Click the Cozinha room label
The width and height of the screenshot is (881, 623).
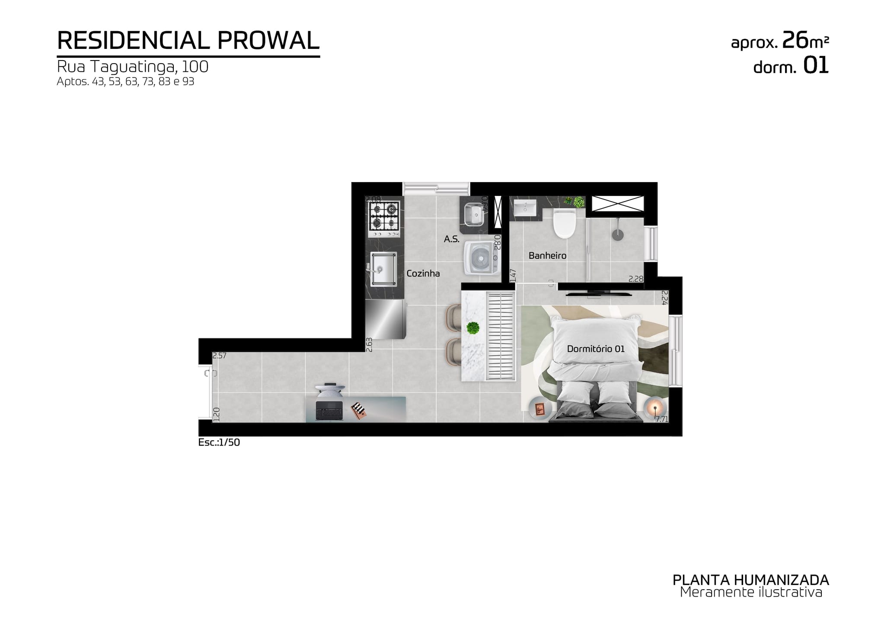point(423,273)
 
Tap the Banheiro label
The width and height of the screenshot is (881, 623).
point(547,256)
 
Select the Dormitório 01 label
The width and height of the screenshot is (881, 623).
point(596,349)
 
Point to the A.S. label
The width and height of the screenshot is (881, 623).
point(452,239)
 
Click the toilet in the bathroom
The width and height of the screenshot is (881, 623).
point(565,223)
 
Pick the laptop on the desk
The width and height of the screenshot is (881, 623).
point(329,410)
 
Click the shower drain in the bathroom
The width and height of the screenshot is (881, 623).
point(618,234)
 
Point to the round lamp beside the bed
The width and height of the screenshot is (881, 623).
point(655,408)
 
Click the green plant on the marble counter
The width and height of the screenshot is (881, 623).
point(474,328)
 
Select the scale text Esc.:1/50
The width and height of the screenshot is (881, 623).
point(219,443)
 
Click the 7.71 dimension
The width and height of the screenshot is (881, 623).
point(661,419)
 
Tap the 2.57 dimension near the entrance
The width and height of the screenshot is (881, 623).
point(220,356)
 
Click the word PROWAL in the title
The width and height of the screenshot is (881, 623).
point(268,41)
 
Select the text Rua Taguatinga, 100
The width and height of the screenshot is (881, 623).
point(133,67)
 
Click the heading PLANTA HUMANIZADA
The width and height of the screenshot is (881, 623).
point(751,580)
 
